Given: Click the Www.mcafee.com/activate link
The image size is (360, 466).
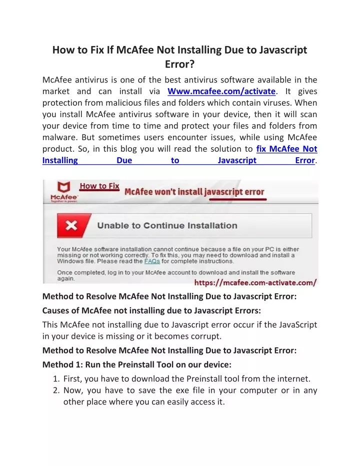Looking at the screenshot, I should tap(221, 92).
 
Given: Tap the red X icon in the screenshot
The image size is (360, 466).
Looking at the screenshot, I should tap(71, 226).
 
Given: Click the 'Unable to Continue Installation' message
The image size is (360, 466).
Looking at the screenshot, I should tap(167, 226).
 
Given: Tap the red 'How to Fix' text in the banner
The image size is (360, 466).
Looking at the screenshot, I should tap(99, 186).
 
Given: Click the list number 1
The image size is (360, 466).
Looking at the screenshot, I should tap(56, 379).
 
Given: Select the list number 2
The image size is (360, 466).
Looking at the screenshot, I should tap(56, 390).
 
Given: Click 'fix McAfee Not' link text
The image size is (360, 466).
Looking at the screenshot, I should tap(286, 149).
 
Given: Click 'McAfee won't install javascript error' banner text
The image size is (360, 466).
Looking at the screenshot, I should tap(194, 192).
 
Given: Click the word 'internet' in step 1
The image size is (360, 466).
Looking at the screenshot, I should tap(294, 379).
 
